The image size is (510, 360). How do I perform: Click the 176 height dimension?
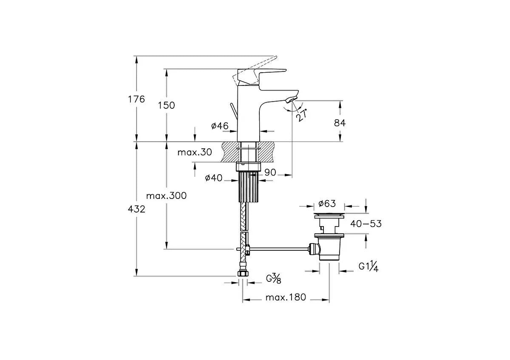coord(136,99)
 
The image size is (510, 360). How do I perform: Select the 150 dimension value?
coord(167,105)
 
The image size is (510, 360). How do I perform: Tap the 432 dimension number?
coord(136,209)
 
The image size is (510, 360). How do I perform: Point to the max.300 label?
coord(167,196)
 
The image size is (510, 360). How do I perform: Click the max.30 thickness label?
coord(195,152)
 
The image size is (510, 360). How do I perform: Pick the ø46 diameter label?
coord(220,126)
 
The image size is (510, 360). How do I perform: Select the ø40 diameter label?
coord(213,178)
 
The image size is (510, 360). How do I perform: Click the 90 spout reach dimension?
coord(270,173)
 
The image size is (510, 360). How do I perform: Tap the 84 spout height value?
coord(340,123)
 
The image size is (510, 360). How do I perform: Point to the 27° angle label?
coord(302,115)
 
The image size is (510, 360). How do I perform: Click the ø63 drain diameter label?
coord(327,204)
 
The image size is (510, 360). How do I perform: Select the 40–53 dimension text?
coord(365,224)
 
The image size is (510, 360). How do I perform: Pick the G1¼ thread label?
coord(368,266)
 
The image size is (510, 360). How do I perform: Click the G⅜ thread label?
coord(273,278)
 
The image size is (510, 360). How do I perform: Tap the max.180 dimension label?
coord(286,297)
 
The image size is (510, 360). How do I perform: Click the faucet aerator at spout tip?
coord(292,99)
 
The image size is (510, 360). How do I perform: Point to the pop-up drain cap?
coord(329,215)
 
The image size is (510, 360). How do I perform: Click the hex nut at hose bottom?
coord(243,273)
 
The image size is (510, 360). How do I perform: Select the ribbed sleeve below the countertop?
coord(249,187)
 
